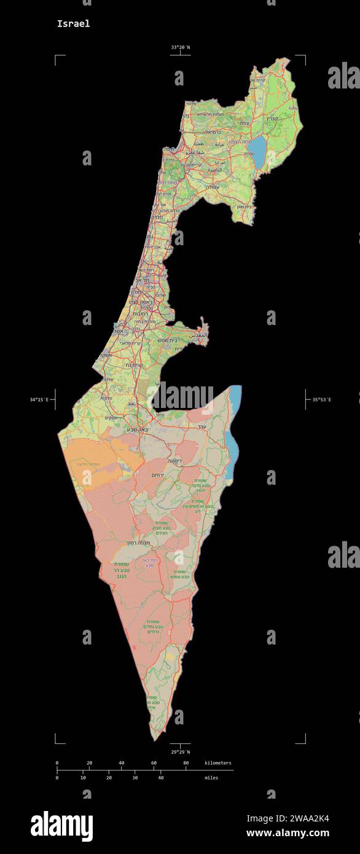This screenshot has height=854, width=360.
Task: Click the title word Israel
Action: pyautogui.click(x=73, y=24)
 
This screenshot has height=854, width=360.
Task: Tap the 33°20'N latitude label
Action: pyautogui.click(x=181, y=47)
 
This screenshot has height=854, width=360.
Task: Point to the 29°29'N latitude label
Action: pyautogui.click(x=181, y=751)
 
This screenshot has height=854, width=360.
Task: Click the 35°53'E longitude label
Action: pyautogui.click(x=321, y=399)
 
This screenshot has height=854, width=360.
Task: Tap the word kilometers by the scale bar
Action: pyautogui.click(x=218, y=763)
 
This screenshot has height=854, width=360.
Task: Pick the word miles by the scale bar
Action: pyautogui.click(x=211, y=778)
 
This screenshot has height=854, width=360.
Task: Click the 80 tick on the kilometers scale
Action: pyautogui.click(x=186, y=763)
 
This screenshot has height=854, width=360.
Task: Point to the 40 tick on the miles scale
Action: pyautogui.click(x=161, y=778)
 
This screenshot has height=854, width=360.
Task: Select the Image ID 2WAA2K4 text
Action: pyautogui.click(x=288, y=818)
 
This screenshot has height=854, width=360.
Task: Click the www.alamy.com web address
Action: pyautogui.click(x=288, y=833)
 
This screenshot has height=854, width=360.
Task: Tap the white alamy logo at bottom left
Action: pyautogui.click(x=61, y=826)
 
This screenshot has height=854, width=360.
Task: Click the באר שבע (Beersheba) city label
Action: pyautogui.click(x=137, y=429)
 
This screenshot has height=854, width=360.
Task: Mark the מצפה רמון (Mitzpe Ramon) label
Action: pyautogui.click(x=139, y=543)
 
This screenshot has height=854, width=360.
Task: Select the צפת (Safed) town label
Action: pyautogui.click(x=245, y=123)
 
